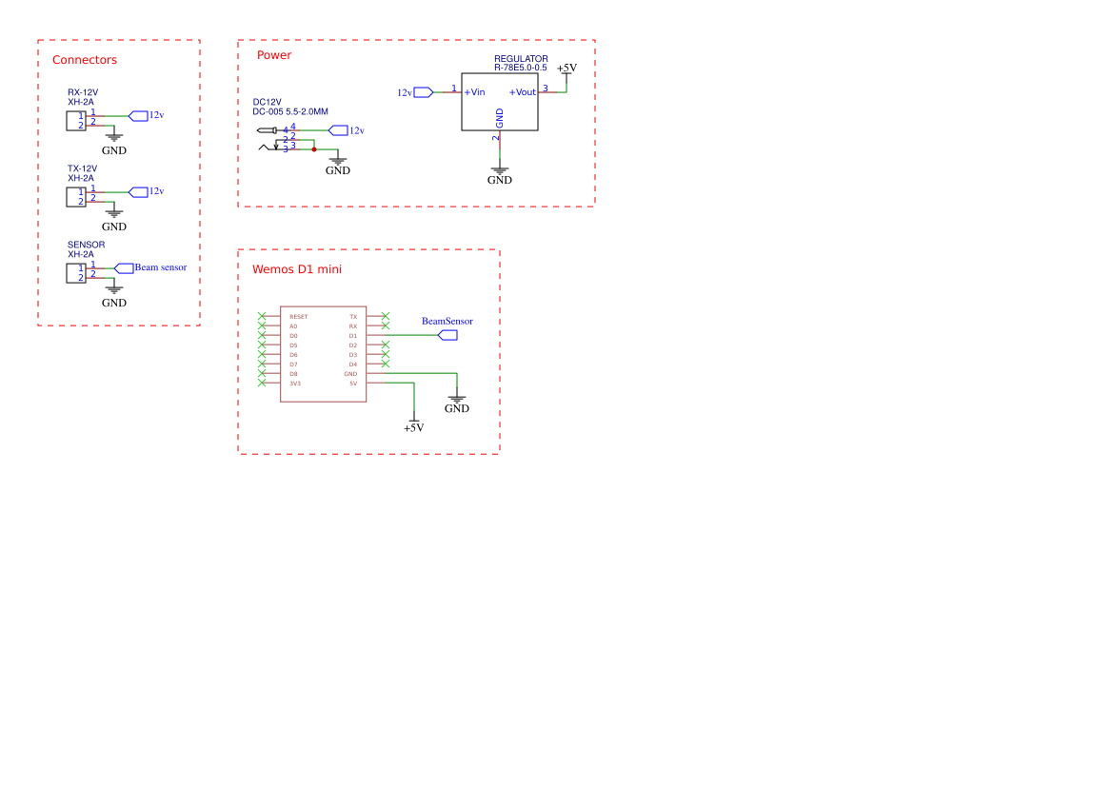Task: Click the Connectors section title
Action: (x=85, y=60)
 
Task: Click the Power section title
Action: (x=274, y=54)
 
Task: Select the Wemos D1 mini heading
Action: (x=297, y=268)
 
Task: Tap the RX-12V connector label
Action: (x=82, y=92)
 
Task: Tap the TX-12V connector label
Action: (x=82, y=168)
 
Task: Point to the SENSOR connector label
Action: (x=86, y=245)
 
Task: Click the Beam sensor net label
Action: (x=160, y=267)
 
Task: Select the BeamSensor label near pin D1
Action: (x=447, y=322)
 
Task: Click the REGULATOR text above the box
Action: (x=521, y=59)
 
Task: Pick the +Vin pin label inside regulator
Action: (x=474, y=92)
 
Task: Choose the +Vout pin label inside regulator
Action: (x=523, y=92)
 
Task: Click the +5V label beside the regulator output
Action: (x=566, y=69)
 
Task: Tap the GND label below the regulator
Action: (x=500, y=180)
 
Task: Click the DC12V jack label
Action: (x=267, y=102)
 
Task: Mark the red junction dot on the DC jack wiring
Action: (x=314, y=149)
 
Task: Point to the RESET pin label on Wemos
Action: (x=299, y=317)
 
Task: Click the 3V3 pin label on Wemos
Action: (x=294, y=384)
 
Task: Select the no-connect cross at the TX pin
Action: (x=386, y=316)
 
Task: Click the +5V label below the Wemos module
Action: (x=414, y=428)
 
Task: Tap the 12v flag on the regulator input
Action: (x=414, y=92)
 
